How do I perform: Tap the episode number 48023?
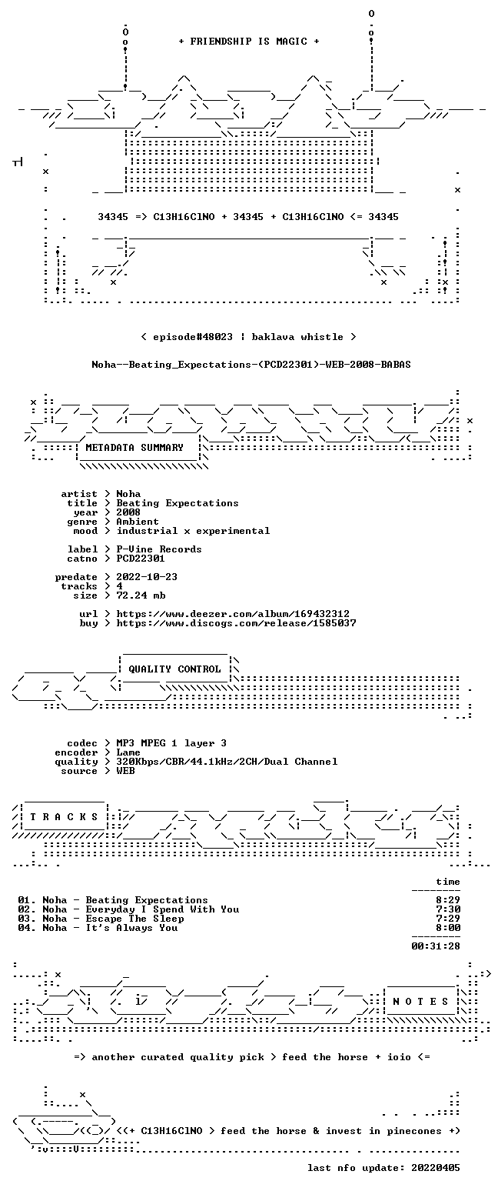(x=217, y=337)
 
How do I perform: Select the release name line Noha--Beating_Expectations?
(x=251, y=365)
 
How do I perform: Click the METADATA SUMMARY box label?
(x=134, y=448)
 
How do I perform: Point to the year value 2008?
(x=128, y=512)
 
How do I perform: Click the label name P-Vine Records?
(x=159, y=549)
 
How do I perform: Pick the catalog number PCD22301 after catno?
(x=141, y=559)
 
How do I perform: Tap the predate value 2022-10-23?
(x=147, y=577)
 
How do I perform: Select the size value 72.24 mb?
(x=141, y=595)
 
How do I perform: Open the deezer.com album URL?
(x=233, y=614)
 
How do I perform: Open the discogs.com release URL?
(x=236, y=623)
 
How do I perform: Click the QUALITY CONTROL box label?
(x=174, y=669)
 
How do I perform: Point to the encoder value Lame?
(x=128, y=753)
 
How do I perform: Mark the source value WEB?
(x=126, y=771)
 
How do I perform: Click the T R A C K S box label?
(x=65, y=817)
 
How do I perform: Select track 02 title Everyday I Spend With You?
(x=162, y=909)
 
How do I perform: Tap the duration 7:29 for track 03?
(x=448, y=919)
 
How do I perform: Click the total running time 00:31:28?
(x=436, y=946)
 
